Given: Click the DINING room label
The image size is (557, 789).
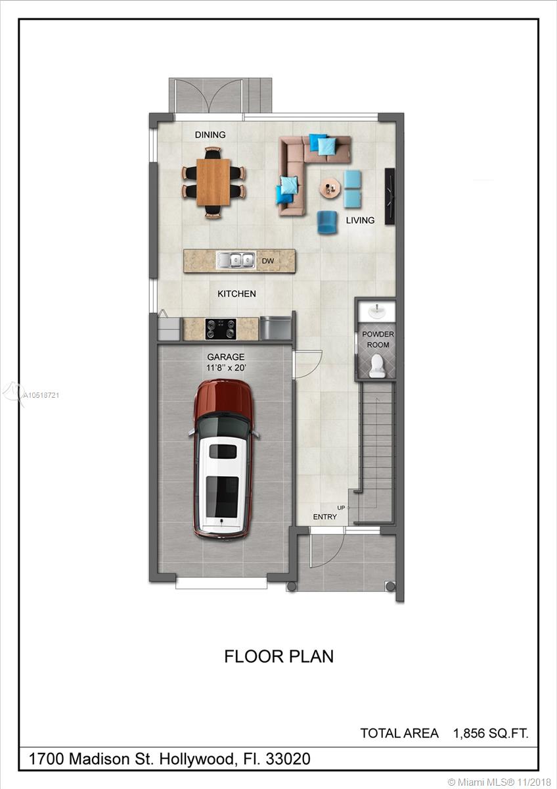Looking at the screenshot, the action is (210, 135).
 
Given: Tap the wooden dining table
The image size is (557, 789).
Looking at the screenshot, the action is (213, 182).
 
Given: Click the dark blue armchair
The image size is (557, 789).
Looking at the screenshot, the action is (327, 222).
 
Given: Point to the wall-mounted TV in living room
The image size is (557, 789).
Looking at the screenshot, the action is (390, 196).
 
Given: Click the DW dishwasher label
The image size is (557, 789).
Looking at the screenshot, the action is (268, 261).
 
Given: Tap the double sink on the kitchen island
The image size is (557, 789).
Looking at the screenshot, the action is (236, 260).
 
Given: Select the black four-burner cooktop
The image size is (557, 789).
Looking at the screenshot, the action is (221, 329).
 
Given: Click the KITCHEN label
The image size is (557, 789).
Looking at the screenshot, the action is (236, 293).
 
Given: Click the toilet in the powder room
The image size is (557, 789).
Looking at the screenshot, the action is (377, 366).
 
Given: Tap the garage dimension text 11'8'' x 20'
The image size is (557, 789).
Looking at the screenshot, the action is (226, 368).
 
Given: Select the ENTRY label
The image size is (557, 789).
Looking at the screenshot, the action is (324, 517).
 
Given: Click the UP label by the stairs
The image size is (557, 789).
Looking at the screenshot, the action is (341, 508).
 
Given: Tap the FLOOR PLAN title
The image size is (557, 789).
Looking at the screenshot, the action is (278, 657).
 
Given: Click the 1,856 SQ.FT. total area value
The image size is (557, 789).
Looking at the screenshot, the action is (491, 733).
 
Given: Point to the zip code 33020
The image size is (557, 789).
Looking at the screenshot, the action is (288, 759).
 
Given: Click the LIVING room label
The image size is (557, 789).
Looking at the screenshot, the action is (360, 220).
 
